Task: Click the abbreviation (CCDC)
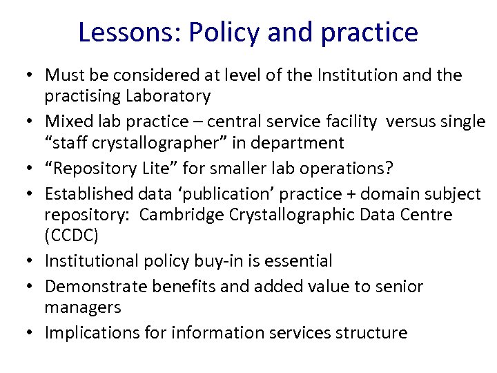point(72,236)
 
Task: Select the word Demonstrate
point(92,286)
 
